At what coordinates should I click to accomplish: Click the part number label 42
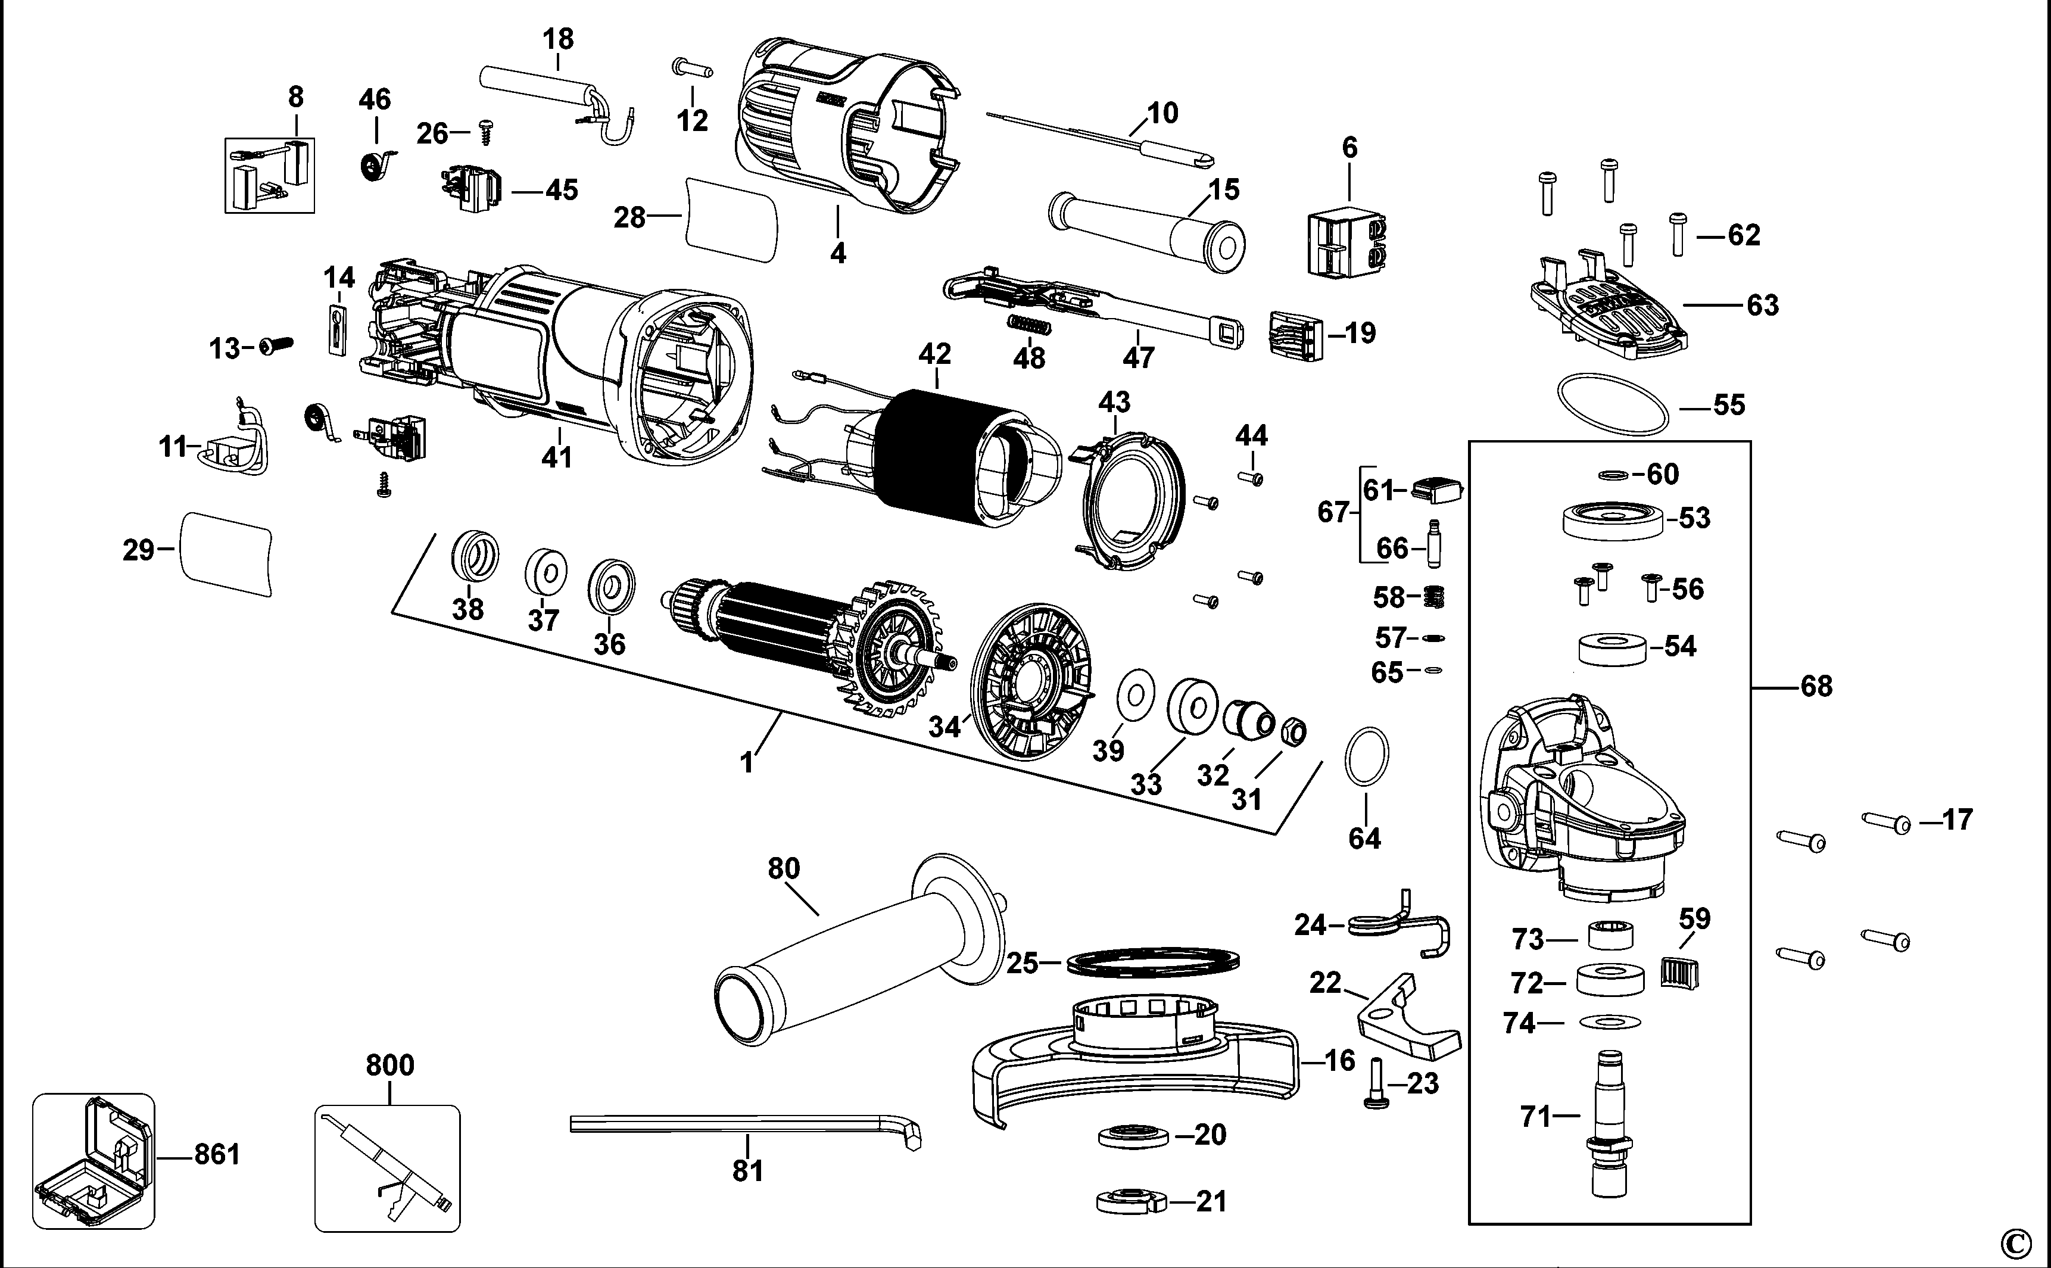[934, 353]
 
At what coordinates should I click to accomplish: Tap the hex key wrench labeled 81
[746, 1126]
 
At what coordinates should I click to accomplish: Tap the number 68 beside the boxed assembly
[1816, 687]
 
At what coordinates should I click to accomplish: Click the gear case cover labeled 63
[1606, 315]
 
